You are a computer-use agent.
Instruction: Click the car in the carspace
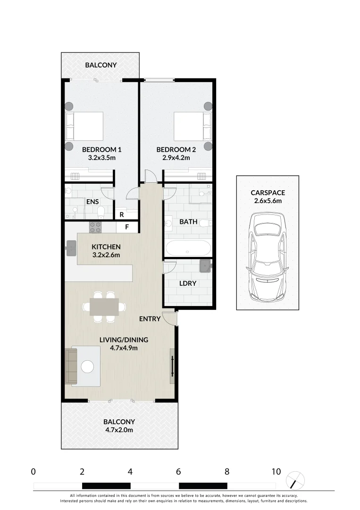[x=268, y=257]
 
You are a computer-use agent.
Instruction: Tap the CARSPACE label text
[x=268, y=193]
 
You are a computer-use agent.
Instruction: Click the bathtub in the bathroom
[x=188, y=248]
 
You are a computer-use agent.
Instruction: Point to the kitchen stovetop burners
[x=95, y=227]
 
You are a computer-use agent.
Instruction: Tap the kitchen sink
[x=71, y=247]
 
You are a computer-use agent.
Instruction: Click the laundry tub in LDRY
[x=205, y=266]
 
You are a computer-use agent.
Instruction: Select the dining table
[x=104, y=307]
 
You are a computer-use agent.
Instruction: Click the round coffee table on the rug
[x=88, y=366]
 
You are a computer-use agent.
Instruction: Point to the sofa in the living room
[x=71, y=366]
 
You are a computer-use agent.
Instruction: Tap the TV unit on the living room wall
[x=172, y=366]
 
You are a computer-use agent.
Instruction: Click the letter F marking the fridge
[x=127, y=227]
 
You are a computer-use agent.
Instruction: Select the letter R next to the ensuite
[x=121, y=214]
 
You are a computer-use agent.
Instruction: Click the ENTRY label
[x=150, y=319]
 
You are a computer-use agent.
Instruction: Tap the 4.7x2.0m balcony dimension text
[x=119, y=430]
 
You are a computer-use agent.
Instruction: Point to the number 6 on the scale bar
[x=178, y=471]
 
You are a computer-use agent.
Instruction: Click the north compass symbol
[x=295, y=481]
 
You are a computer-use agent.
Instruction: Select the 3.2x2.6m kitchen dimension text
[x=106, y=255]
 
